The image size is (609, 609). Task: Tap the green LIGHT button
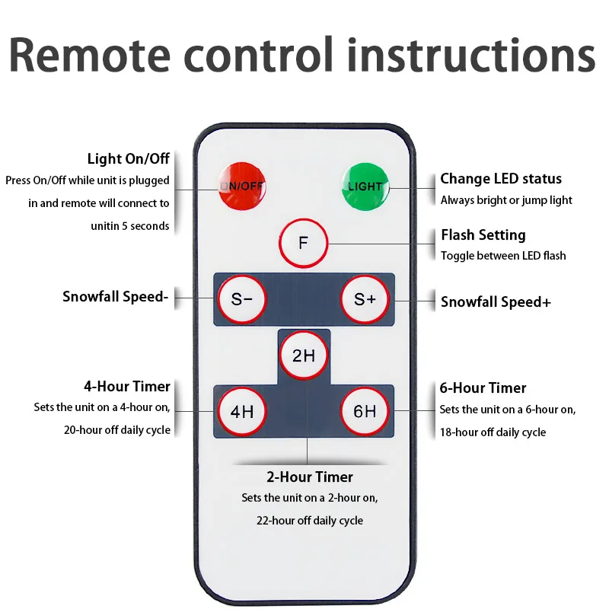[x=365, y=187]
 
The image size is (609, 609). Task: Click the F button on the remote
[x=303, y=243]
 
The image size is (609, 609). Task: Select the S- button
[x=242, y=299]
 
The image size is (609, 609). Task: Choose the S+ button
[x=365, y=299]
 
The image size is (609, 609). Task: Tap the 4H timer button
[x=242, y=411]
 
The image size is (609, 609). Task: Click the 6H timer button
[x=365, y=411]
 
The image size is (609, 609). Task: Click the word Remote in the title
[x=90, y=55]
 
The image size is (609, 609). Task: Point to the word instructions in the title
[x=471, y=55]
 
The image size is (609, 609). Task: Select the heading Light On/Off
[x=128, y=158]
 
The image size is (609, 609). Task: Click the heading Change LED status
[x=501, y=179]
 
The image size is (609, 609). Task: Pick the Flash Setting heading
[x=483, y=235]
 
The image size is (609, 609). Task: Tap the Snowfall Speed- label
[x=116, y=297]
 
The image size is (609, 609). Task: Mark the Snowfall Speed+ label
[x=496, y=301]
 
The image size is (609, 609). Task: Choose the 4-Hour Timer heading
[x=127, y=387]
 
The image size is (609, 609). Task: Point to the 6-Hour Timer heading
[x=483, y=388]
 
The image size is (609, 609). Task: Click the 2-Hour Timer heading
[x=310, y=477]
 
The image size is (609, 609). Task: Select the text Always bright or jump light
[x=506, y=200]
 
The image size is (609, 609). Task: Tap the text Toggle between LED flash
[x=503, y=256]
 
